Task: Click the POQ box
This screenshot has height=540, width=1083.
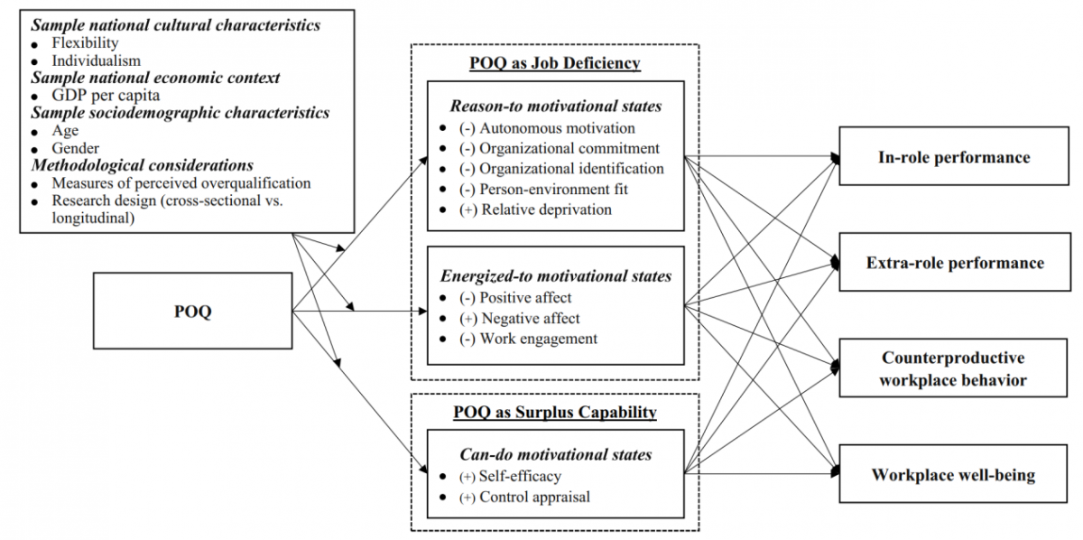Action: (x=192, y=312)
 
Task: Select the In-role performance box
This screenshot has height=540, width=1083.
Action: (x=954, y=157)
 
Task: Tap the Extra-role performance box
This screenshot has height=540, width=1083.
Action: (x=954, y=263)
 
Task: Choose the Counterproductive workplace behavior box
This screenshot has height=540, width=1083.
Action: (x=954, y=368)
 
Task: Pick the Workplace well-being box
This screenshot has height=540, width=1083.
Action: (x=954, y=474)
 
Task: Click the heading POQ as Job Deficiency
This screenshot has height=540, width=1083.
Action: (x=554, y=63)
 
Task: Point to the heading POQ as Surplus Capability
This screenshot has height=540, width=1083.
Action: (x=554, y=413)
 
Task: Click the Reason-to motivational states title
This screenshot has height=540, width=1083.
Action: (x=556, y=106)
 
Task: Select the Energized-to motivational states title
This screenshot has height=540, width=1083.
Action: (x=556, y=275)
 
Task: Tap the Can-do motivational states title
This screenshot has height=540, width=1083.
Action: (x=556, y=454)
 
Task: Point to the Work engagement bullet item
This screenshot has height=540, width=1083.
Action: (x=538, y=339)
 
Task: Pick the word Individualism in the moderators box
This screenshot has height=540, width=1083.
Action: (x=96, y=61)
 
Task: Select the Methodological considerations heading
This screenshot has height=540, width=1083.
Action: (x=142, y=165)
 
